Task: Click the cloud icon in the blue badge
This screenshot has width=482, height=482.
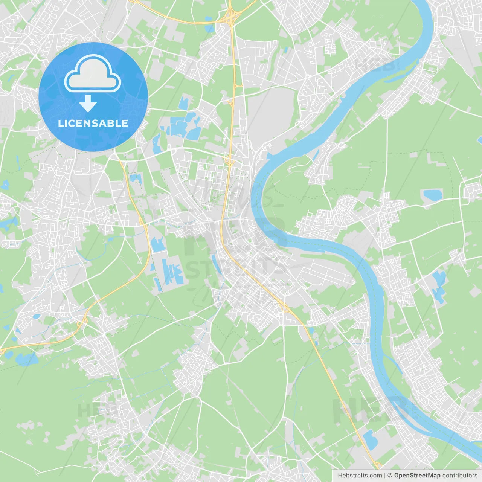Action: pos(93,73)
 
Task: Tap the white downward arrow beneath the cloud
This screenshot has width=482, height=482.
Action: pos(88,104)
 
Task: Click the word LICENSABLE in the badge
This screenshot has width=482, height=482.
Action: pos(93,123)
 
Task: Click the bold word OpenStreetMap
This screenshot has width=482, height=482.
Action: pos(417,476)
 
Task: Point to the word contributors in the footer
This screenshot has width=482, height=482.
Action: pos(460,476)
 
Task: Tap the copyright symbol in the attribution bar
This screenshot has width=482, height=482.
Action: pos(390,476)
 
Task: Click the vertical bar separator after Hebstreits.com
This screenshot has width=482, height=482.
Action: pos(385,476)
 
